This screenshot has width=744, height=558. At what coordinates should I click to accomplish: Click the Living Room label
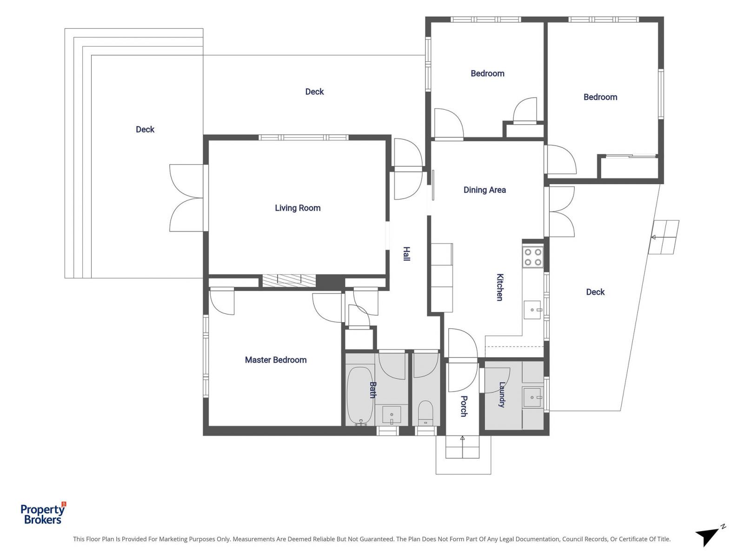pyautogui.click(x=298, y=208)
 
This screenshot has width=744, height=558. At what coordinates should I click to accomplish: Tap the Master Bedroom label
pyautogui.click(x=276, y=360)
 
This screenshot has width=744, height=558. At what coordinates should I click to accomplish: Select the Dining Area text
pyautogui.click(x=485, y=190)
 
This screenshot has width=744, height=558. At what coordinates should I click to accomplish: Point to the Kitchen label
pyautogui.click(x=499, y=287)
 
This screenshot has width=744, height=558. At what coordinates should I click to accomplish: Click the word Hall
pyautogui.click(x=406, y=254)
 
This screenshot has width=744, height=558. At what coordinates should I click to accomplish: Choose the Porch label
pyautogui.click(x=464, y=406)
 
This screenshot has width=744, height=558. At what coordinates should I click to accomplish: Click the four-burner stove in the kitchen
pyautogui.click(x=533, y=257)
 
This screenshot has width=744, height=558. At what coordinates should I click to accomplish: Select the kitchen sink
pyautogui.click(x=532, y=310)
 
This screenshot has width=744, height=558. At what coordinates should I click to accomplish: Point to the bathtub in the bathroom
pyautogui.click(x=360, y=396)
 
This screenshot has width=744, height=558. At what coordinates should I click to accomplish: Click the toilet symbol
pyautogui.click(x=425, y=413)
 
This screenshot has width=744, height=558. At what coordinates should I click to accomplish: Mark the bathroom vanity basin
pyautogui.click(x=392, y=415)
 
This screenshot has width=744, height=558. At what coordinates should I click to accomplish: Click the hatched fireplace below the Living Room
pyautogui.click(x=289, y=281)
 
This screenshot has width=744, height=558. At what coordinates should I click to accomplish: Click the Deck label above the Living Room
pyautogui.click(x=314, y=92)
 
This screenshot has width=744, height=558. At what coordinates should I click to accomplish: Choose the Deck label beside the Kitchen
pyautogui.click(x=595, y=292)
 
